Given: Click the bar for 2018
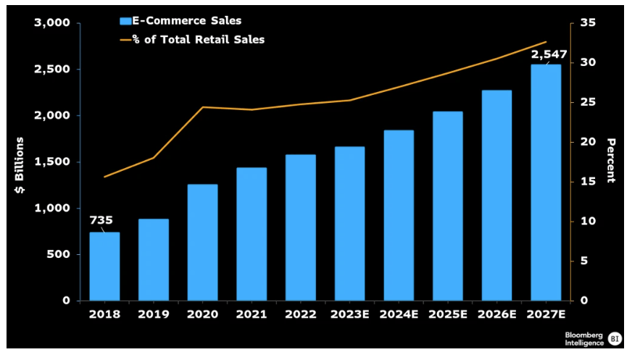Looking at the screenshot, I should point(104,266).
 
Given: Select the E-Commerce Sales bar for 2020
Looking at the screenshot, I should point(202,242).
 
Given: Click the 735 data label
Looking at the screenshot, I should point(101,220).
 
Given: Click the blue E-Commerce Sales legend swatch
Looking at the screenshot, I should point(126,21).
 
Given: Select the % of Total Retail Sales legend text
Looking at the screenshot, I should point(204,39).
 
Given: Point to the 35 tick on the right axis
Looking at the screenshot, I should point(588,23).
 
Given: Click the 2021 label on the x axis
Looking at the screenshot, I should point(252,314).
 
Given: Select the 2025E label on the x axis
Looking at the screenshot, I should point(447,314).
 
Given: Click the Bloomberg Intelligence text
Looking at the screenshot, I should point(583,338).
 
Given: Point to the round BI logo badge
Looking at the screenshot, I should point(615,338).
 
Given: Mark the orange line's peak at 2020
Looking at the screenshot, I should point(202,107).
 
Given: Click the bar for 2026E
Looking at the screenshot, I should point(496,195).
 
